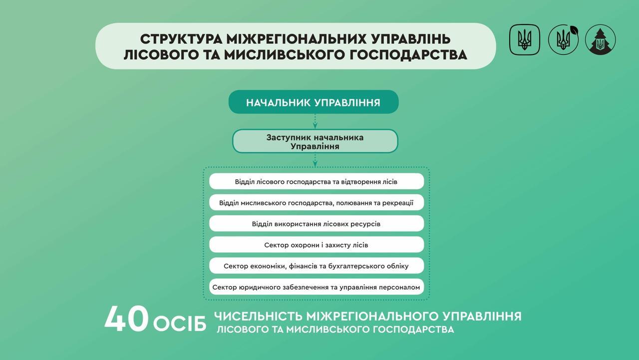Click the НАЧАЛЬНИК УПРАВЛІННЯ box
pyautogui.click(x=314, y=102)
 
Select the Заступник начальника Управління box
pyautogui.click(x=315, y=141)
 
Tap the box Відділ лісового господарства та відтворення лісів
pyautogui.click(x=317, y=181)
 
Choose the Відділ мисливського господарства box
pyautogui.click(x=317, y=203)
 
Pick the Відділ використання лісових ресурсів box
pyautogui.click(x=317, y=224)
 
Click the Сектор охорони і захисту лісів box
pyautogui.click(x=317, y=245)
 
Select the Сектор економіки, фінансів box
pyautogui.click(x=317, y=266)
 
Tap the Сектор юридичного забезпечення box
pyautogui.click(x=317, y=287)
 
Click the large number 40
pyautogui.click(x=127, y=319)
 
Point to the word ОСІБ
pyautogui.click(x=180, y=324)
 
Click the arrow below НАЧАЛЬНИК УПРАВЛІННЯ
pyautogui.click(x=315, y=121)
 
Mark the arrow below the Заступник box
pyautogui.click(x=315, y=160)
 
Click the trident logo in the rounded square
pyautogui.click(x=525, y=39)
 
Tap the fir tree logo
pyautogui.click(x=600, y=39)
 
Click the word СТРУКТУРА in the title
pyautogui.click(x=181, y=39)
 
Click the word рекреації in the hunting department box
pyautogui.click(x=398, y=203)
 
